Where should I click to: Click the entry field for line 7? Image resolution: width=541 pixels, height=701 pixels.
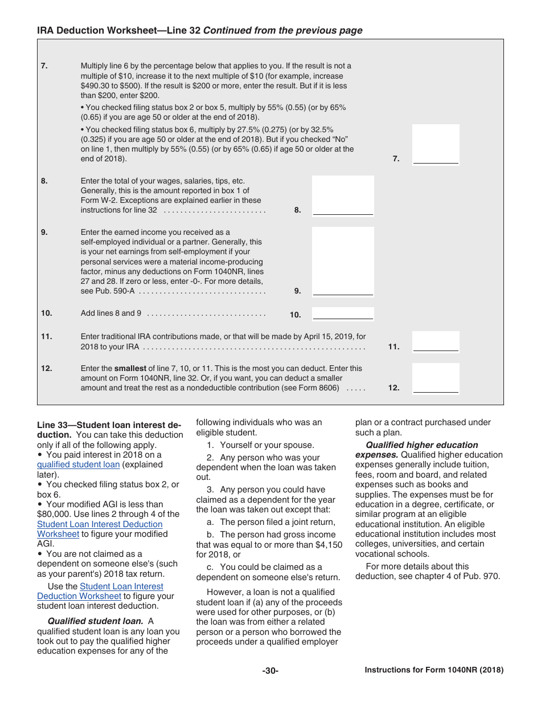click(436, 145)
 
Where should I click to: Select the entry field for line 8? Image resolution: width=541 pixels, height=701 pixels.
click(343, 195)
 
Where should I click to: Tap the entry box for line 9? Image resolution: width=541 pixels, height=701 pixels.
click(343, 261)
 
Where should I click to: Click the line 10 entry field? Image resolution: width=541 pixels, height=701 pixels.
click(343, 313)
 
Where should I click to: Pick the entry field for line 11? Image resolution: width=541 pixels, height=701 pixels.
click(436, 342)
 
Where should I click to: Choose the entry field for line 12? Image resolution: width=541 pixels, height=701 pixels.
click(436, 378)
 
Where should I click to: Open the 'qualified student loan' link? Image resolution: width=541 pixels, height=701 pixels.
click(78, 464)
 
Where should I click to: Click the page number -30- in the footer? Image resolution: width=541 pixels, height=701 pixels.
click(270, 671)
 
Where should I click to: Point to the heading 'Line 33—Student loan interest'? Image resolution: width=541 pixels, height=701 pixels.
click(108, 425)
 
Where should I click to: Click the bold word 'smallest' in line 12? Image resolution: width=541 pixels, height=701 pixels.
click(130, 368)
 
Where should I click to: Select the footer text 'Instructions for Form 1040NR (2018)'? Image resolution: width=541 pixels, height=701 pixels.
click(434, 670)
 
